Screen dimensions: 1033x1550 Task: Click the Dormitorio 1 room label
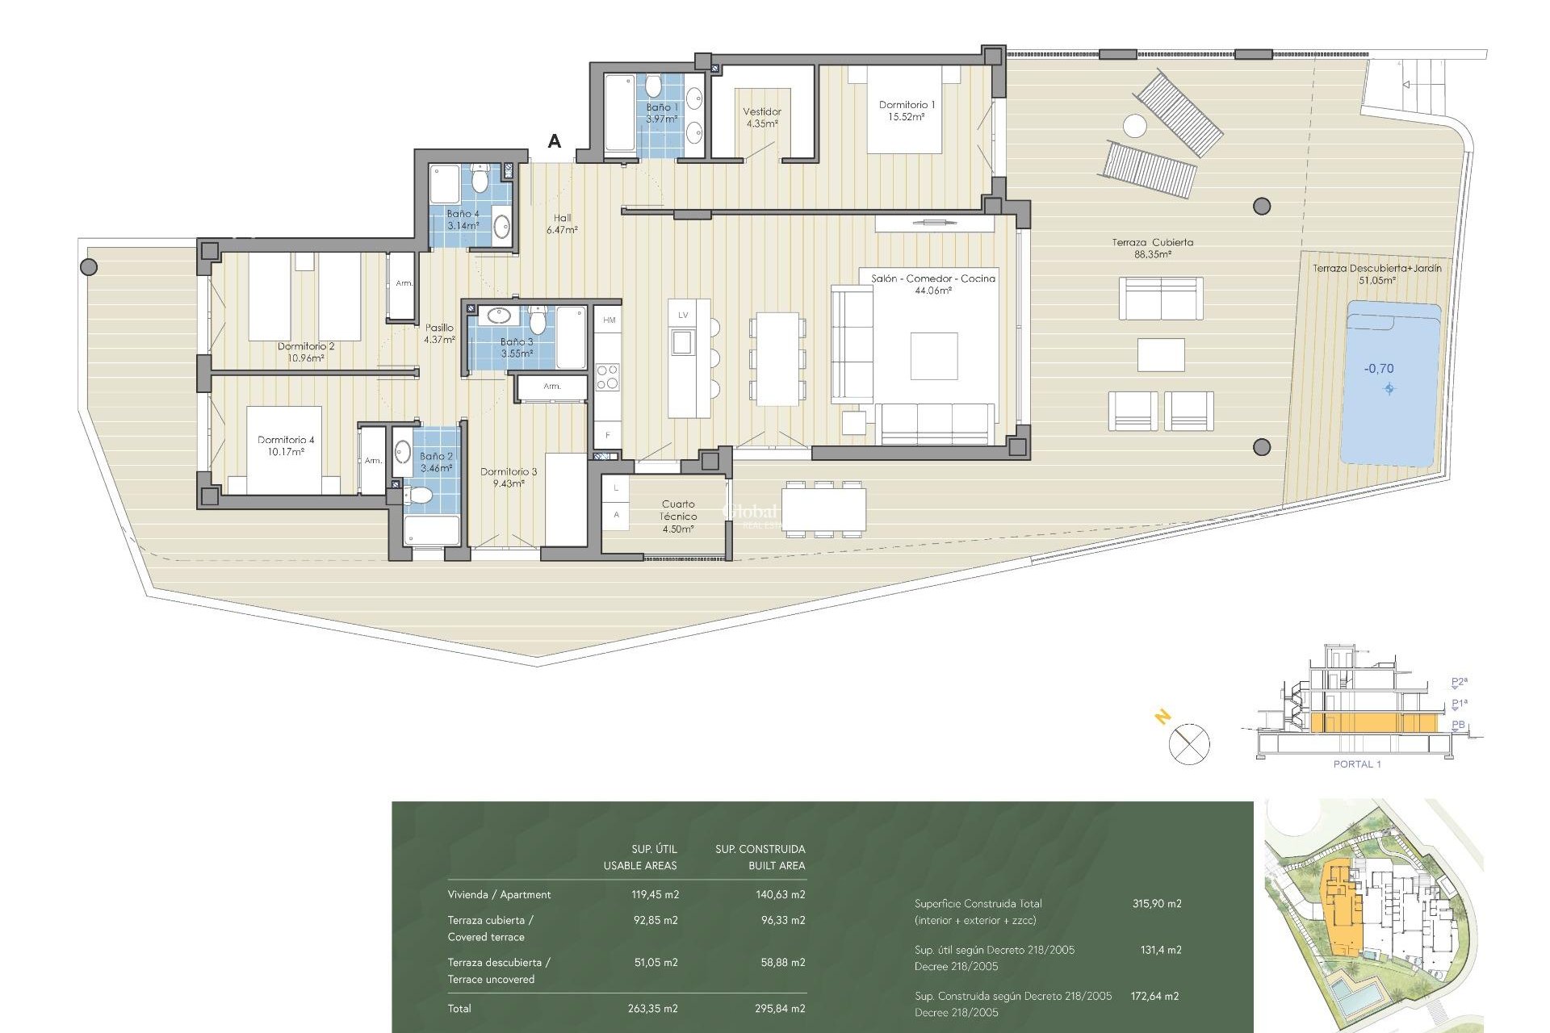[907, 111]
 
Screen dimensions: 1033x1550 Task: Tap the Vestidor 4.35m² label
[761, 118]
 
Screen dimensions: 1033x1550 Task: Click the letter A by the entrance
[554, 141]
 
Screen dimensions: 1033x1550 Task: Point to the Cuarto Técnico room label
[677, 516]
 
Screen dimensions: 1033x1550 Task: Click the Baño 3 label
[516, 347]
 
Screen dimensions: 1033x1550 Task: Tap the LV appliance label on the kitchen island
[683, 315]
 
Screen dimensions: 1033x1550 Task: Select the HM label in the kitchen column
[609, 320]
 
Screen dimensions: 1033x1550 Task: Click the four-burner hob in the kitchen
[607, 377]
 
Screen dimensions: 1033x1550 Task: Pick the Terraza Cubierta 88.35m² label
[1152, 248]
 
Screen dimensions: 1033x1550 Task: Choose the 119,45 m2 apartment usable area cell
[654, 894]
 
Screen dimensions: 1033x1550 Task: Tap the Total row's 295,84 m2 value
[781, 1008]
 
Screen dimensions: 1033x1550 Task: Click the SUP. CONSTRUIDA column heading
[760, 849]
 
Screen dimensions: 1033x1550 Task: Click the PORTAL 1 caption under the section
[1356, 764]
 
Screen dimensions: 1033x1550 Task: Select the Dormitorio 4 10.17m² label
[286, 445]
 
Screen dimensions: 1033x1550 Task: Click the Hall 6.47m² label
[562, 224]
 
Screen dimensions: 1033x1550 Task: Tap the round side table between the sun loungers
[1134, 126]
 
